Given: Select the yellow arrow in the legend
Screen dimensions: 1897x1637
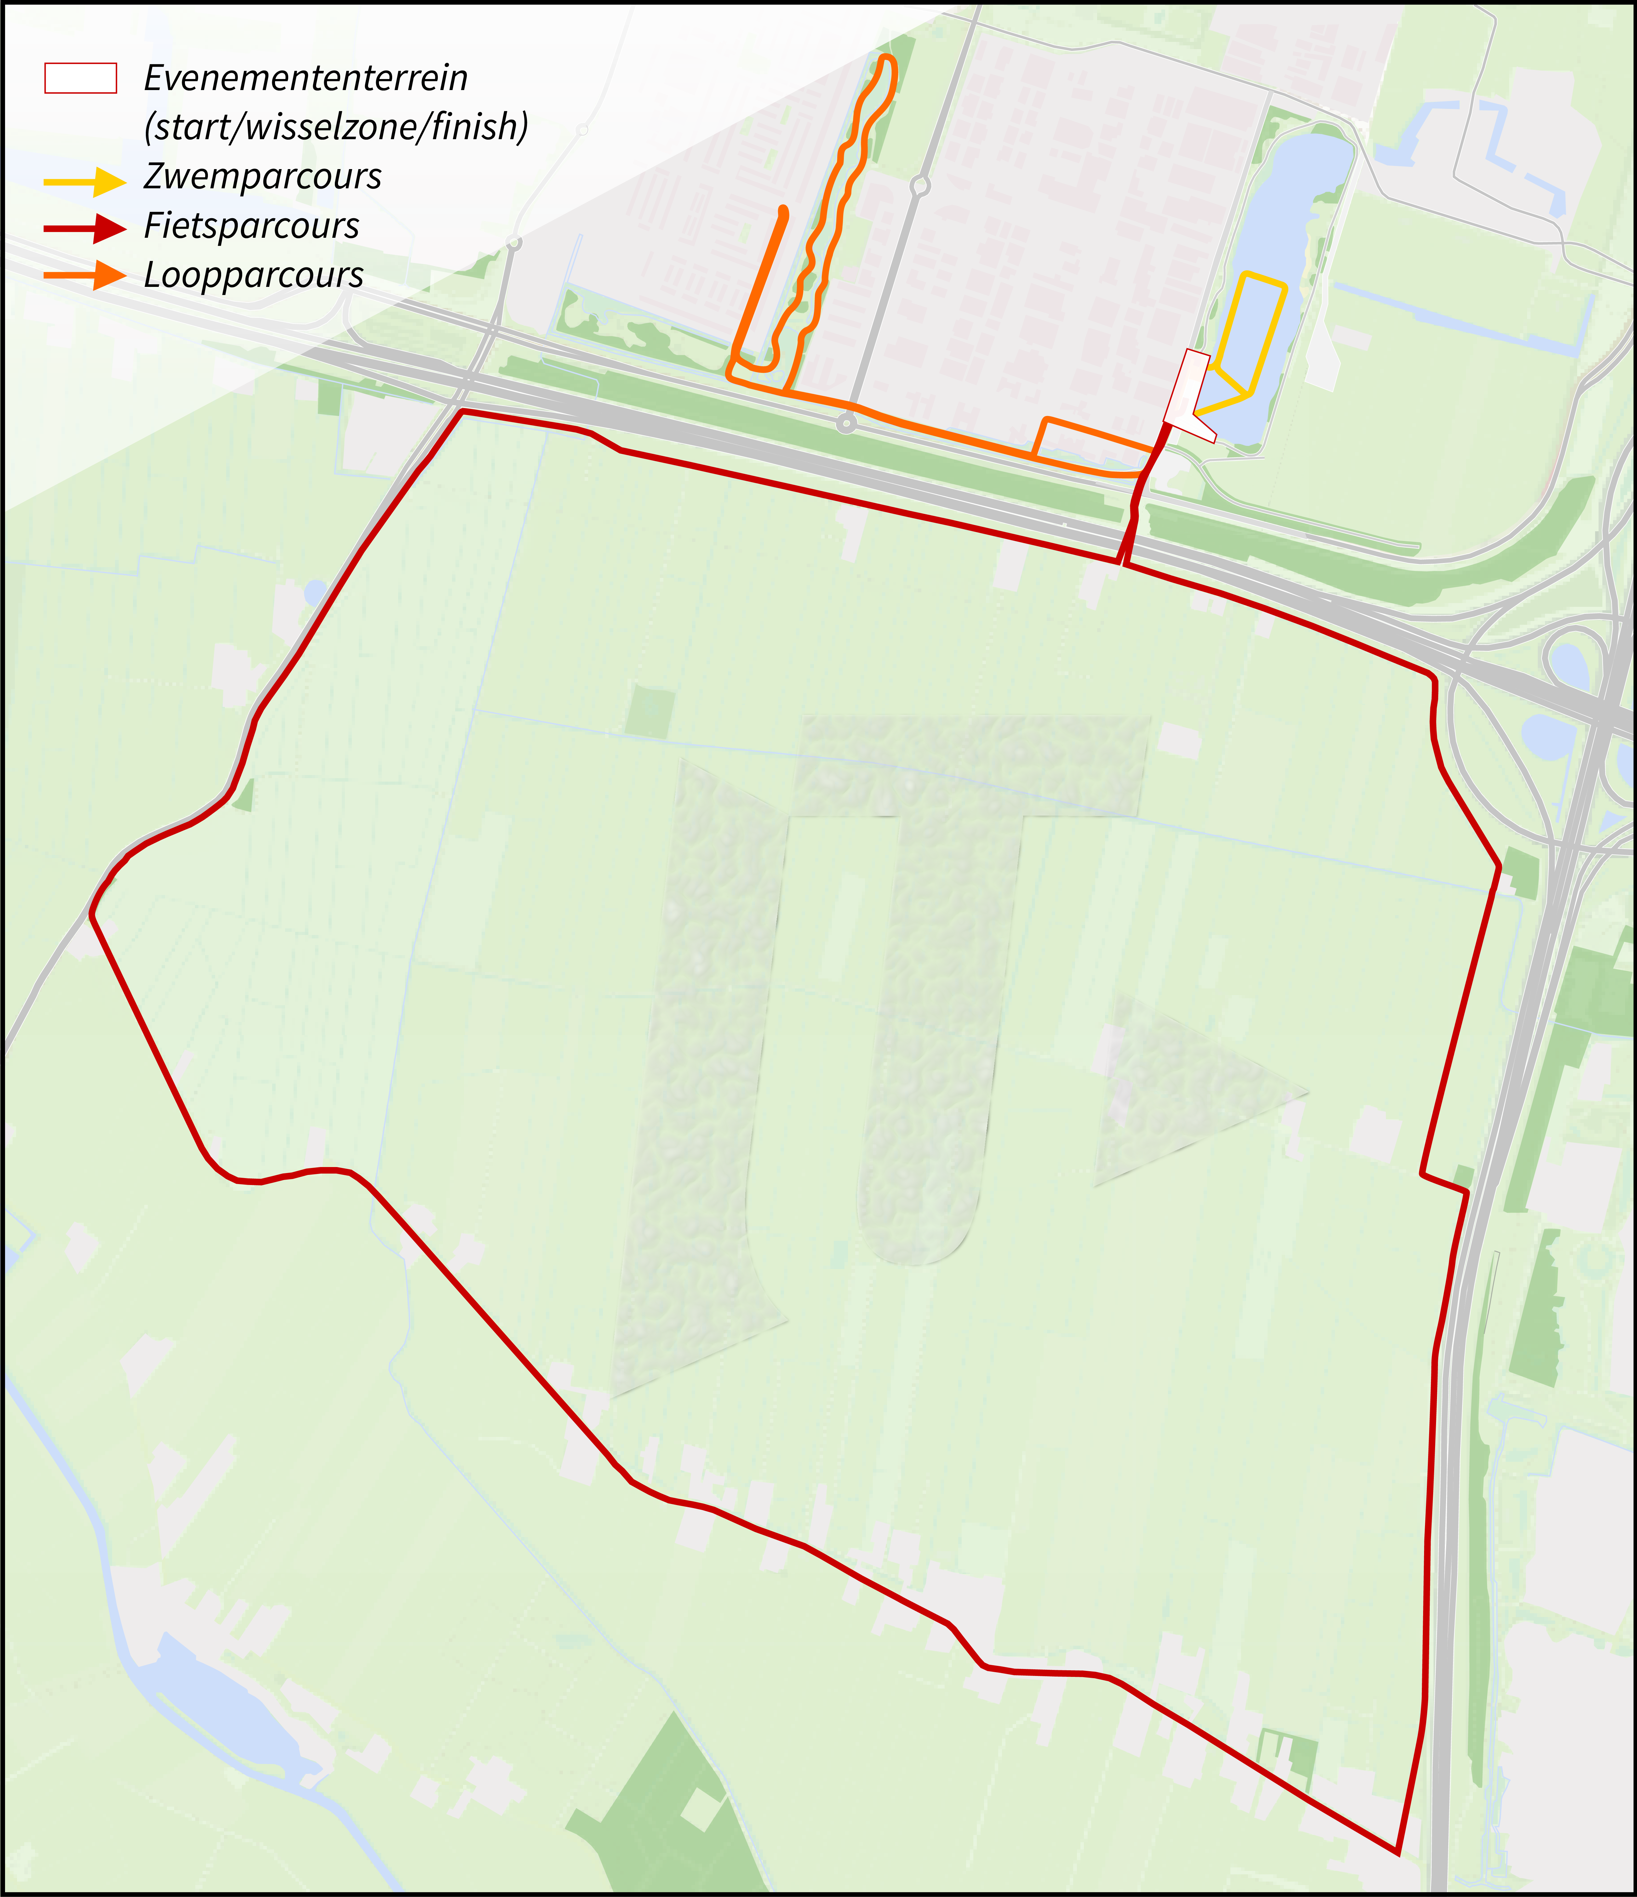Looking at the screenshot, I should point(84,181).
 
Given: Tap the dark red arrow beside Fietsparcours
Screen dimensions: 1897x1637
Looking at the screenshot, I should point(84,228).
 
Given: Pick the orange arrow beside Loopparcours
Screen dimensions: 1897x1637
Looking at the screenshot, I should point(84,276).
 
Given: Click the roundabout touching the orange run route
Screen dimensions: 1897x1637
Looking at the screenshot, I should point(847,424).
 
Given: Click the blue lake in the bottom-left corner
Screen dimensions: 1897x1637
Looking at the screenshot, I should point(229,1712).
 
